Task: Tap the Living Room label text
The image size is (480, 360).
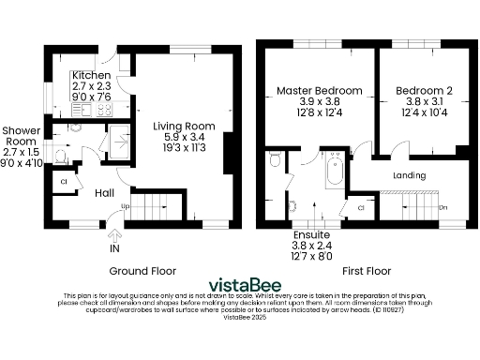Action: tap(184, 127)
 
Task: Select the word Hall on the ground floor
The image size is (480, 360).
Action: tap(104, 192)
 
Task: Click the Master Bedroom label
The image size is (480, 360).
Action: tap(319, 91)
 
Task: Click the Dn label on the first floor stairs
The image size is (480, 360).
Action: tap(442, 207)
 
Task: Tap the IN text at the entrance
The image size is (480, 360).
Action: tap(114, 250)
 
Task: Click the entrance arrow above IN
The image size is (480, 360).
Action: tap(114, 236)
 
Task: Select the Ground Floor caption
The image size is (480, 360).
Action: tap(142, 270)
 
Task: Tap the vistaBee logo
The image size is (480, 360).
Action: tap(240, 284)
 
